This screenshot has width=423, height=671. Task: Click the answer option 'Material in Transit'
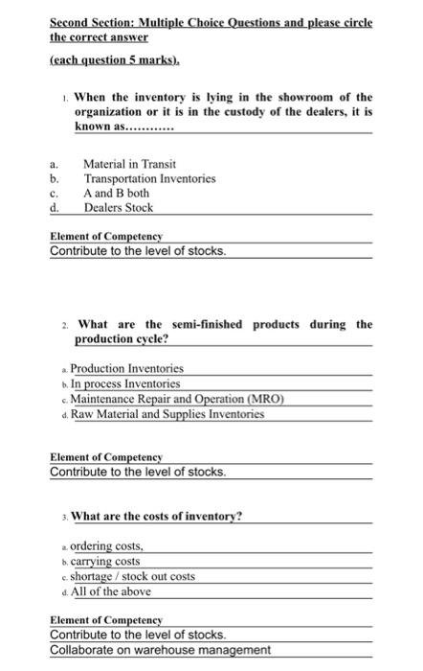coord(129,164)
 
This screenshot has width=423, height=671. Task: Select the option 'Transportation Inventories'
coord(149,178)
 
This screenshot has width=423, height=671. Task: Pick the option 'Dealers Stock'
coord(118,207)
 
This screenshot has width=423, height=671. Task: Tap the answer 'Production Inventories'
coord(126,368)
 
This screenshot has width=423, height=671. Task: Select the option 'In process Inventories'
coord(125,383)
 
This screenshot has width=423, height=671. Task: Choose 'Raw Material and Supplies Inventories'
coord(160,414)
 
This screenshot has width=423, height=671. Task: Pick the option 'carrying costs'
coord(105,561)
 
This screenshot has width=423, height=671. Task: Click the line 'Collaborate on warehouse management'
coord(160,650)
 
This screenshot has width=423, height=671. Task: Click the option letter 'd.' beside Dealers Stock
coord(56,207)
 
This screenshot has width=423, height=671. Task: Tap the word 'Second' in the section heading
coord(73,21)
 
